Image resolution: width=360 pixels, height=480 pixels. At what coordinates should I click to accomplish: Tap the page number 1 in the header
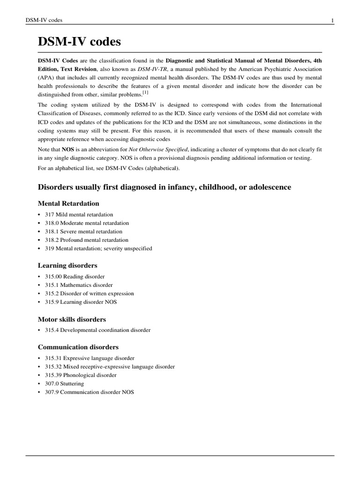[332, 20]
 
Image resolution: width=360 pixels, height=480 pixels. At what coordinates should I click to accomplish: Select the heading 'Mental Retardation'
[68, 203]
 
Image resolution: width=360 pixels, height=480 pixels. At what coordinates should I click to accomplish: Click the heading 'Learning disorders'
[67, 265]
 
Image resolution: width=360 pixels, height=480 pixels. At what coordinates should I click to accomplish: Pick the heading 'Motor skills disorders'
[72, 319]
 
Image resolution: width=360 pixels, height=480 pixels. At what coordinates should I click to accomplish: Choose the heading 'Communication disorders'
[78, 347]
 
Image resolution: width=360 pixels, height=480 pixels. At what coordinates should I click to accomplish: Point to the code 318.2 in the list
[52, 240]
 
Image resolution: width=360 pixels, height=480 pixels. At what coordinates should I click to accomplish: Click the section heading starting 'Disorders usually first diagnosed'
[164, 187]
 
